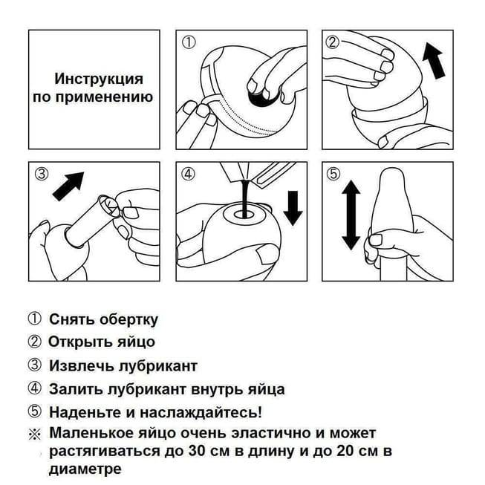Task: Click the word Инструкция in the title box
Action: point(99,79)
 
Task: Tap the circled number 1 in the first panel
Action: point(189,42)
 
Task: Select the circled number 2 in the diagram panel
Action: point(333,42)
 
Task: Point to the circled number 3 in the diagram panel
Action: point(42,174)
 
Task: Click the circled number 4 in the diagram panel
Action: point(189,174)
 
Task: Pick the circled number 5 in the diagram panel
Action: point(333,174)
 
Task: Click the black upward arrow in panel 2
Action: point(434,61)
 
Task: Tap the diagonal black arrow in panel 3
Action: point(68,186)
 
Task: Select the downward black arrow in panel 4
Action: point(293,208)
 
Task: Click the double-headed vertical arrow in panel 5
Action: point(351,215)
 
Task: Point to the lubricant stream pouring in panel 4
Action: point(245,198)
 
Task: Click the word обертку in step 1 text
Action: point(129,319)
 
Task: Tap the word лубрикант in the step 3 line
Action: point(158,366)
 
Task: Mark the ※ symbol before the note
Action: point(35,434)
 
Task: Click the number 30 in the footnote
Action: point(198,452)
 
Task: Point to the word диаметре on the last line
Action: point(85,469)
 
